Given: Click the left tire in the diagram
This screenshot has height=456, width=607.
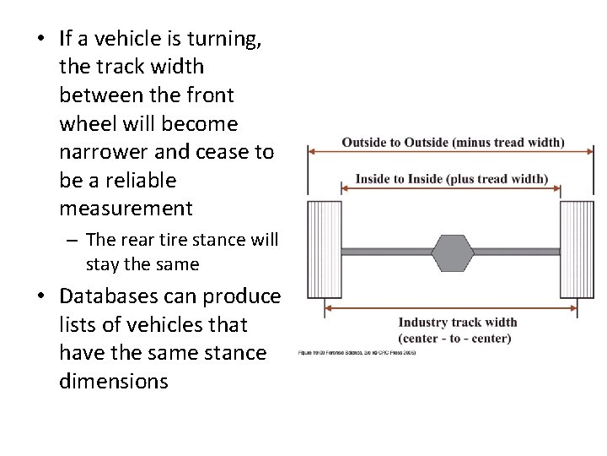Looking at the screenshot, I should coord(324,249).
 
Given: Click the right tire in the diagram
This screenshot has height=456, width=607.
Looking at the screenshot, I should coord(577,249).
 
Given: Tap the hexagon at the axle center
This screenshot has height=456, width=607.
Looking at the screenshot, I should coord(453,252).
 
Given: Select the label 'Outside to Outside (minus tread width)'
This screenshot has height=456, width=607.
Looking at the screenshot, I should coord(453,142).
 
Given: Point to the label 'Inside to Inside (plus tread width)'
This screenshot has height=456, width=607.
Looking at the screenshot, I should coord(451,179).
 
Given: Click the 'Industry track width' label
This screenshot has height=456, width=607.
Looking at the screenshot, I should coord(458,322).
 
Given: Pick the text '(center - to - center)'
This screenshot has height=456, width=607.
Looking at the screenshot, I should coord(454,338).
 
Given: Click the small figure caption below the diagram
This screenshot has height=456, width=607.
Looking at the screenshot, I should coord(357,352).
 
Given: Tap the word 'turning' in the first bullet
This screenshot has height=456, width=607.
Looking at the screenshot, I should coord(231,38).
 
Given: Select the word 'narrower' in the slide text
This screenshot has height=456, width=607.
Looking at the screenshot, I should coord(98,152).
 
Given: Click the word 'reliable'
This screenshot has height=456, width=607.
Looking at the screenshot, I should coord(135,180).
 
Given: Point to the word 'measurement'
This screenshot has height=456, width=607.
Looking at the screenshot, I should coord(126,209).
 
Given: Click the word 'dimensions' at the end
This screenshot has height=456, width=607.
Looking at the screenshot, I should coord(113,382).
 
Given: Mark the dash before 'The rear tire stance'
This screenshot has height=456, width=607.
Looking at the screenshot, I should coord(73,241).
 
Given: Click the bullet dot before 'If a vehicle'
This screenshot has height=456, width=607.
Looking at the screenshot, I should coord(39,39).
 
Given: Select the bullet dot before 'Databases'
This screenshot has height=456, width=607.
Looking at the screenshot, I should coord(39,297).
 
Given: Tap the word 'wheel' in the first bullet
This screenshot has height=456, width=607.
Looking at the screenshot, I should coord(83,124).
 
